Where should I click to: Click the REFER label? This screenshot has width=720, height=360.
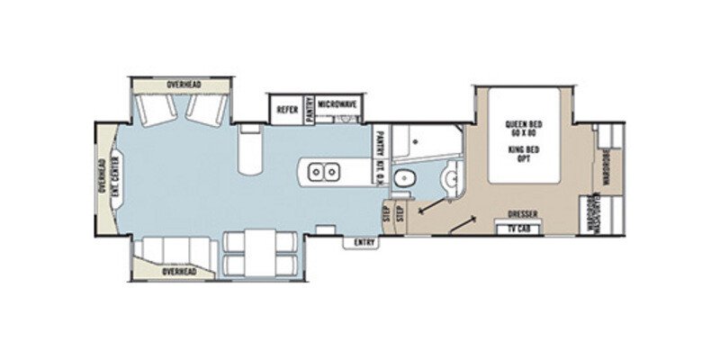pos(288,108)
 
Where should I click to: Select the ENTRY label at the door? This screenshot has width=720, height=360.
pos(364,241)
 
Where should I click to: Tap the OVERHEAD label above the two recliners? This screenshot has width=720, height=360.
pos(184,85)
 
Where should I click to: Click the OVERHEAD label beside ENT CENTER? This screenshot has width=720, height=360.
pos(102,176)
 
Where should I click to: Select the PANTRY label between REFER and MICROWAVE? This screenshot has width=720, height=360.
pos(310,108)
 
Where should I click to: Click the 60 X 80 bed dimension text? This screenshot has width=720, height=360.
pos(521,136)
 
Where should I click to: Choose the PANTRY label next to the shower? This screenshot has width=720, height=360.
pos(382,143)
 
